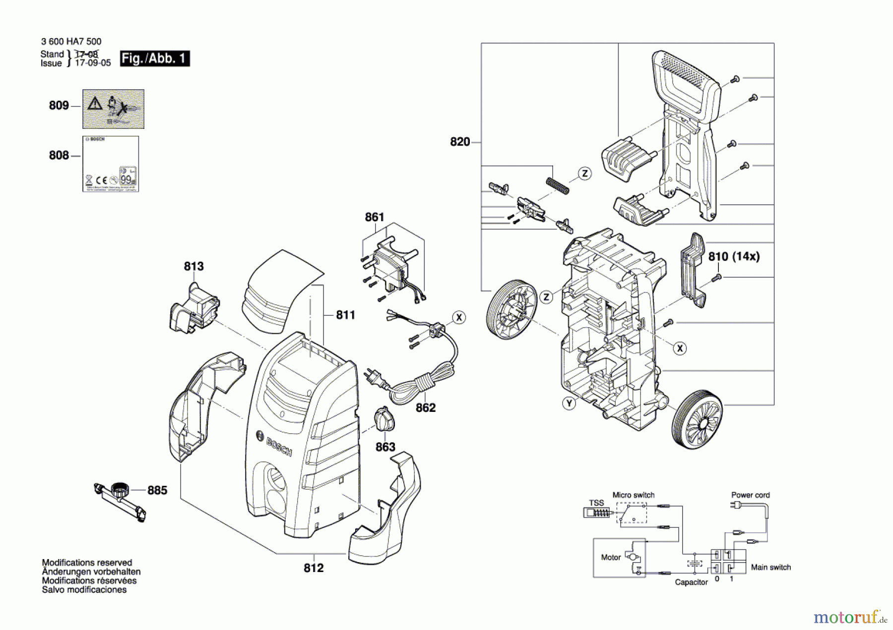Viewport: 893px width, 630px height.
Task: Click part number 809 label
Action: [59, 106]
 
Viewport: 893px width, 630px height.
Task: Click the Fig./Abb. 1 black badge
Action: [154, 58]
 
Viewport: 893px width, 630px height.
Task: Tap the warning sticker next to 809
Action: [113, 109]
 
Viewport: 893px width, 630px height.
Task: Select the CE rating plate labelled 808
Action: [110, 164]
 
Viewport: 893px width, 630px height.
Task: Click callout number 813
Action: [193, 267]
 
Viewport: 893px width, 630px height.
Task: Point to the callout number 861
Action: [375, 217]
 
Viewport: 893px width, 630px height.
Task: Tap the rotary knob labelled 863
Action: [384, 419]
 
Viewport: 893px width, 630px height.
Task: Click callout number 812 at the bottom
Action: [314, 568]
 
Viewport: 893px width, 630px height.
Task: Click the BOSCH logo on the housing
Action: [275, 443]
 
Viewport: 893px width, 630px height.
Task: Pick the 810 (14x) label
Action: [734, 256]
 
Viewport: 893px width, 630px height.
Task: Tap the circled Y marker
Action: [569, 403]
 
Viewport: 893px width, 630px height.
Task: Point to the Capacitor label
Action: [691, 582]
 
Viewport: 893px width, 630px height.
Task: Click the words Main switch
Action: [770, 568]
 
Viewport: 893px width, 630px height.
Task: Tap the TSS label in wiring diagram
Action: [596, 503]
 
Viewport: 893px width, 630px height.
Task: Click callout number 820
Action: [459, 142]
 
